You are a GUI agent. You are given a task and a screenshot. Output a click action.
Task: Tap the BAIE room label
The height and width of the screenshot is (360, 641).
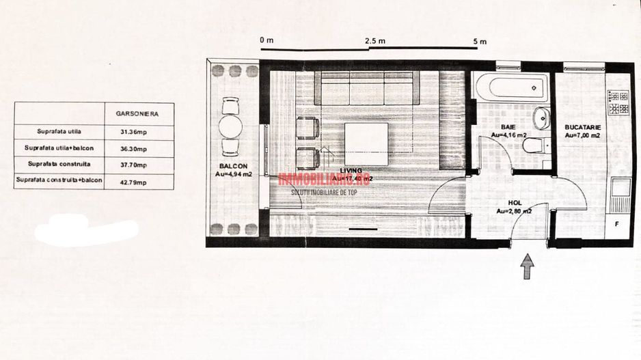pyautogui.click(x=508, y=127)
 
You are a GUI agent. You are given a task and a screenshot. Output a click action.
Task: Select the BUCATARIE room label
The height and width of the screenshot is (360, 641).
pyautogui.click(x=582, y=127)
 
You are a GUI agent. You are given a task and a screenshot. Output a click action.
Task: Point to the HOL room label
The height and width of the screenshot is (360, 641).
pyautogui.click(x=514, y=203)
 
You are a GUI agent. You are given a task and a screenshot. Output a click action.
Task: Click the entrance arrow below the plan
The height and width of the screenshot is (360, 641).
pyautogui.click(x=528, y=266)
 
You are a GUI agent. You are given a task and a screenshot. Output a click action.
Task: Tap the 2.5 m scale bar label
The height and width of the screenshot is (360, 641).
pyautogui.click(x=374, y=41)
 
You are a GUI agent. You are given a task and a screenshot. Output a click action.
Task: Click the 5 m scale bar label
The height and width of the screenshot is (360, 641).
pyautogui.click(x=480, y=41)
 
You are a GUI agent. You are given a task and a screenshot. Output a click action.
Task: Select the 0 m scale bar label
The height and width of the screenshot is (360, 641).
pyautogui.click(x=267, y=40)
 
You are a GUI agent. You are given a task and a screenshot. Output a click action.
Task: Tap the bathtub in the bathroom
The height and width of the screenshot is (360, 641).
pyautogui.click(x=510, y=87)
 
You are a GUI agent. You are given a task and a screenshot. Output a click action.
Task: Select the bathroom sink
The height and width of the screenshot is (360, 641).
pyautogui.click(x=541, y=117)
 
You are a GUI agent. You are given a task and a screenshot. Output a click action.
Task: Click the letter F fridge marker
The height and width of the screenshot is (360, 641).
pyautogui.click(x=617, y=224)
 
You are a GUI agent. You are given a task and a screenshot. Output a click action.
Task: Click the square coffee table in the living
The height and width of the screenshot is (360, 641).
pyautogui.click(x=366, y=143)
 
